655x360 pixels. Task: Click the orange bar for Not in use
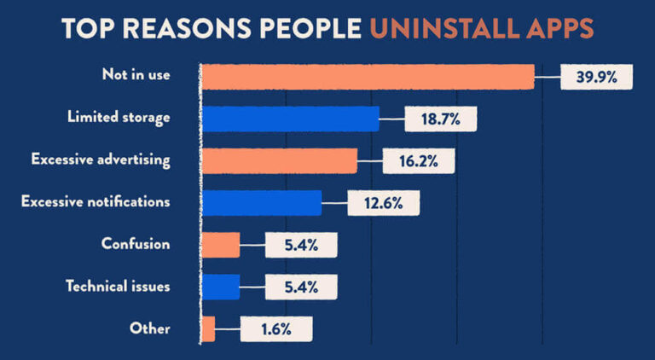pyautogui.click(x=367, y=76)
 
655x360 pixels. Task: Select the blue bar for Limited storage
pyautogui.click(x=289, y=119)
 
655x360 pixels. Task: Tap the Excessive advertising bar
pyautogui.click(x=279, y=160)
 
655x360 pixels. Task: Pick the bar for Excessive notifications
pyautogui.click(x=261, y=202)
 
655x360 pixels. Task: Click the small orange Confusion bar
pyautogui.click(x=220, y=245)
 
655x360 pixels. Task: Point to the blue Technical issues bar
pyautogui.click(x=220, y=287)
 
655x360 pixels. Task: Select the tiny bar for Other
pyautogui.click(x=208, y=328)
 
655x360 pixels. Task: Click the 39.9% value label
pyautogui.click(x=595, y=77)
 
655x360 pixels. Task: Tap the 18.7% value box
pyautogui.click(x=440, y=119)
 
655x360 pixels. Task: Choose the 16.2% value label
pyautogui.click(x=418, y=160)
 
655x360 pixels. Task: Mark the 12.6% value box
pyautogui.click(x=383, y=203)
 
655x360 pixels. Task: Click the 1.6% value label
pyautogui.click(x=276, y=329)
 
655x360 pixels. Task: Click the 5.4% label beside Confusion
pyautogui.click(x=301, y=245)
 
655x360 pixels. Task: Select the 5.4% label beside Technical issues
pyautogui.click(x=301, y=287)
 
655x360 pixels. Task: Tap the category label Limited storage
pyautogui.click(x=119, y=118)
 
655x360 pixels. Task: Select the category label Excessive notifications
pyautogui.click(x=96, y=202)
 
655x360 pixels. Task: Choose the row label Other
pyautogui.click(x=150, y=328)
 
